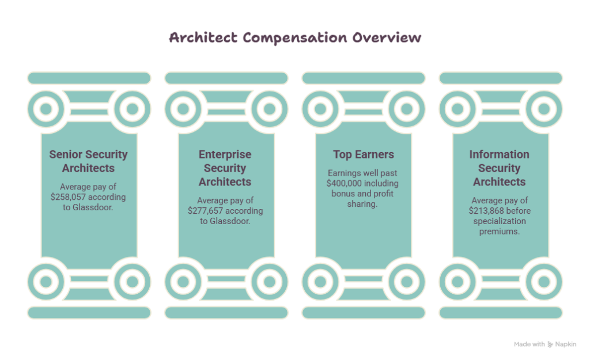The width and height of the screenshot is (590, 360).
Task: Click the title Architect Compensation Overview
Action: (295, 37)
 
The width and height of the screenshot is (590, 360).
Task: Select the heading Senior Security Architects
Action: (88, 161)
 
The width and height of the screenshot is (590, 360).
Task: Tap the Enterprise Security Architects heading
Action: (225, 168)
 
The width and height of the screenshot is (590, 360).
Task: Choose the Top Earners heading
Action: (364, 154)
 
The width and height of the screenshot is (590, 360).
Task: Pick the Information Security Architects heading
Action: (500, 168)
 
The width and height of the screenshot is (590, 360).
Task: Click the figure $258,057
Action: (68, 197)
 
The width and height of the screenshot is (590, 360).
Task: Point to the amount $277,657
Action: (205, 211)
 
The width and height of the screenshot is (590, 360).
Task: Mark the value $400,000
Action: (344, 183)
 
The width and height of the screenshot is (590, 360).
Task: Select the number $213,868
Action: (486, 211)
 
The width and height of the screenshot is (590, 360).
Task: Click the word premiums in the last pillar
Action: (500, 232)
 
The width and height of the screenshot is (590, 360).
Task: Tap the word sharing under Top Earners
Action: (362, 204)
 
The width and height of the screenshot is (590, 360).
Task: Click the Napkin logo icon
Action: (550, 344)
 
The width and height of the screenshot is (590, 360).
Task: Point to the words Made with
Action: (530, 344)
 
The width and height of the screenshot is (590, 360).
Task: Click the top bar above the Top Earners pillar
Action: (364, 78)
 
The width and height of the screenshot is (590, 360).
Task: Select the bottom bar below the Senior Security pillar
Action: (89, 313)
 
